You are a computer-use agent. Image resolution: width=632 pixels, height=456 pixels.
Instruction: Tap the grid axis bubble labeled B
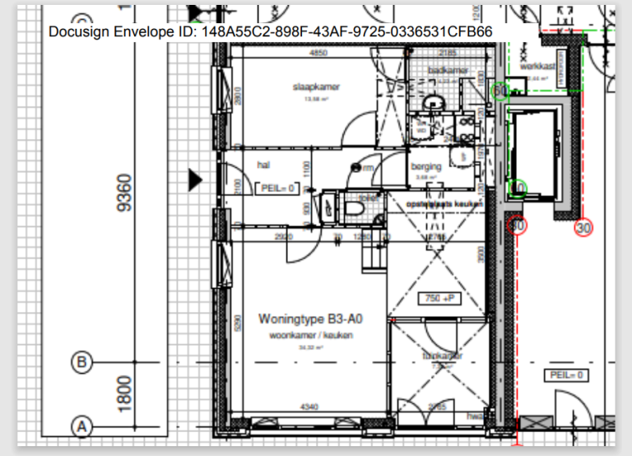pos(81,361)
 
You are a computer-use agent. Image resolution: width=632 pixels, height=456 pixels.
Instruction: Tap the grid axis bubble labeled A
pos(81,426)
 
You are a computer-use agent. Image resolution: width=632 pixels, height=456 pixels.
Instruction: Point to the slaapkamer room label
pos(316,86)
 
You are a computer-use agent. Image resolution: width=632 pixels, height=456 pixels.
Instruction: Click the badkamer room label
pos(453,71)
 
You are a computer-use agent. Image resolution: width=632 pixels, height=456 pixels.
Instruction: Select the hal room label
pos(263,165)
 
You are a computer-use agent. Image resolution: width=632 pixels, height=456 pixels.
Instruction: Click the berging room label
pos(426,166)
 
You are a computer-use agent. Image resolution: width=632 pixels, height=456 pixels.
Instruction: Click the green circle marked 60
pos(500,91)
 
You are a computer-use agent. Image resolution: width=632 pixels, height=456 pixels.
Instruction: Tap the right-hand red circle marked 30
pos(584,228)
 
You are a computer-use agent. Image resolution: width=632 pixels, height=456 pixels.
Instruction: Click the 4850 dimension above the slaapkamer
pos(318,54)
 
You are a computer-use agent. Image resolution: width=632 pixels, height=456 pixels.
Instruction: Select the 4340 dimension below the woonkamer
pos(309,406)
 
